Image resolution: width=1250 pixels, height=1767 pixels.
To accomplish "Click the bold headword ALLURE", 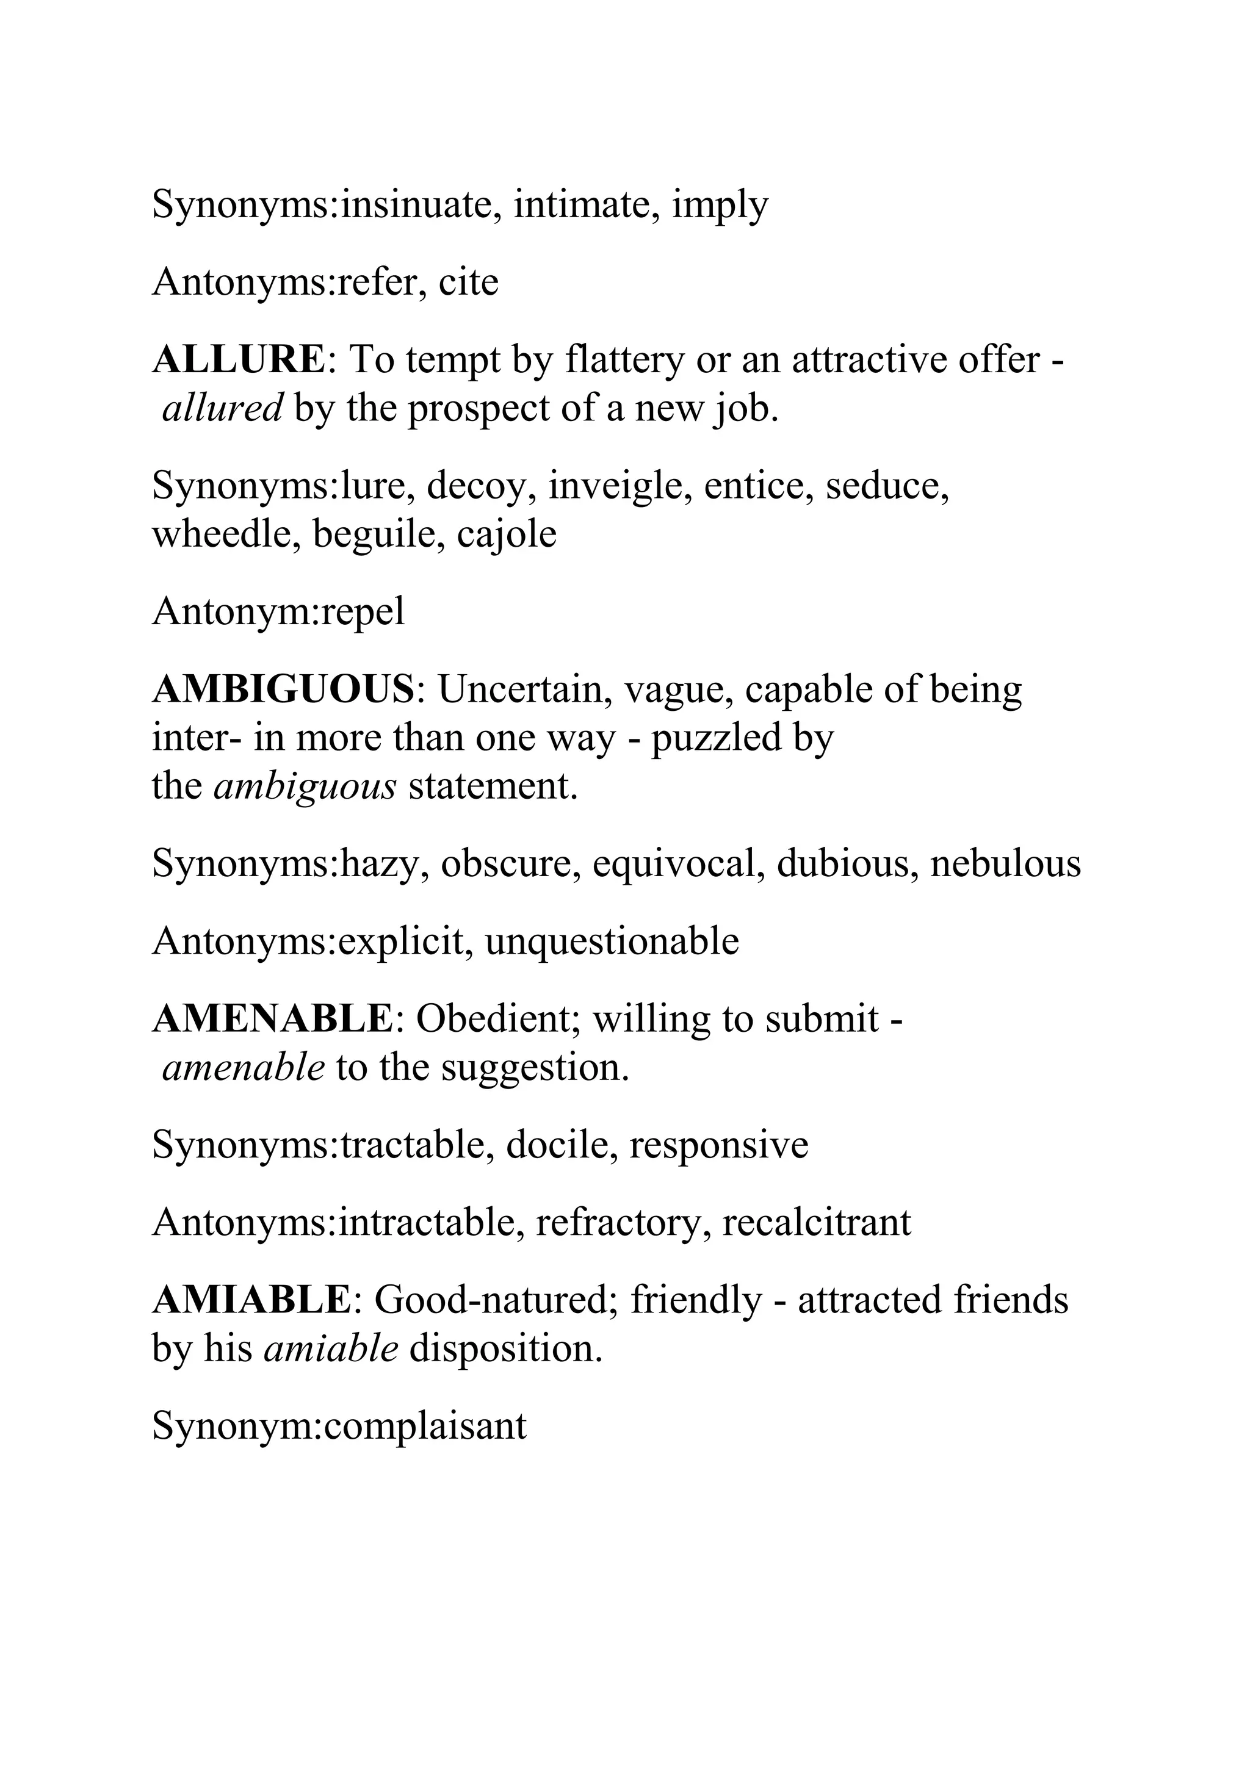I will click(x=239, y=360).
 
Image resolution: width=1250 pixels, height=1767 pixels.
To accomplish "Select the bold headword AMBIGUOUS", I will click(x=283, y=689).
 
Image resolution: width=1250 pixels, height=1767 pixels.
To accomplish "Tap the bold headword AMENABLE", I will click(x=272, y=1019).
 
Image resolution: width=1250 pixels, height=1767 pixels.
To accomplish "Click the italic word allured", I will click(x=222, y=409).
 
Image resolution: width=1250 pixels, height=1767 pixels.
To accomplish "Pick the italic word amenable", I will click(x=244, y=1067).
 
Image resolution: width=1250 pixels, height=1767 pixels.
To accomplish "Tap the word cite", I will click(x=468, y=283).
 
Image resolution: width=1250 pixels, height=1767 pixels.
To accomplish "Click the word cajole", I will click(x=506, y=535).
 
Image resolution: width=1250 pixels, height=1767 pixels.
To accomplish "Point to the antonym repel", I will click(x=362, y=612).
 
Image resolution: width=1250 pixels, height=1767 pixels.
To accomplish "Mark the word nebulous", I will click(x=1005, y=863).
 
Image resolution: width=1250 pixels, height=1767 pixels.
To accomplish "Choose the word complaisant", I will click(x=425, y=1426).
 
